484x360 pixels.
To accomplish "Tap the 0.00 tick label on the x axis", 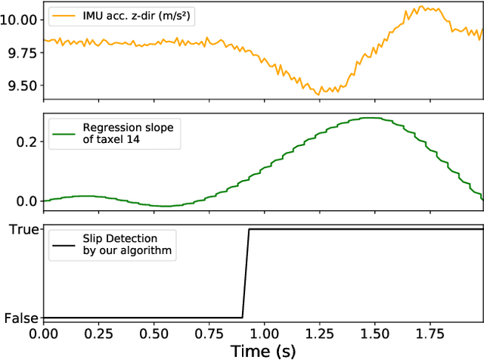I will click(44, 333).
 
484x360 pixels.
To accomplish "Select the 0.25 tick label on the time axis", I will click(99, 333).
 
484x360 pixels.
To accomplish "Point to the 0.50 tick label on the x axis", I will click(154, 333).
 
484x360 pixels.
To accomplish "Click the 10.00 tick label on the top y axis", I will click(19, 20).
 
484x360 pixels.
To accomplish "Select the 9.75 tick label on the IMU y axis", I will click(22, 52).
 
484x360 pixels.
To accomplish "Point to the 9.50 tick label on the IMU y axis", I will click(22, 85).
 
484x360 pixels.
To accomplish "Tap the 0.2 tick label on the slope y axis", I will click(28, 141).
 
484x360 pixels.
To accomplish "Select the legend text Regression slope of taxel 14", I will click(128, 133).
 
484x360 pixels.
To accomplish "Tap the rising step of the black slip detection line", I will click(246, 272).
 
